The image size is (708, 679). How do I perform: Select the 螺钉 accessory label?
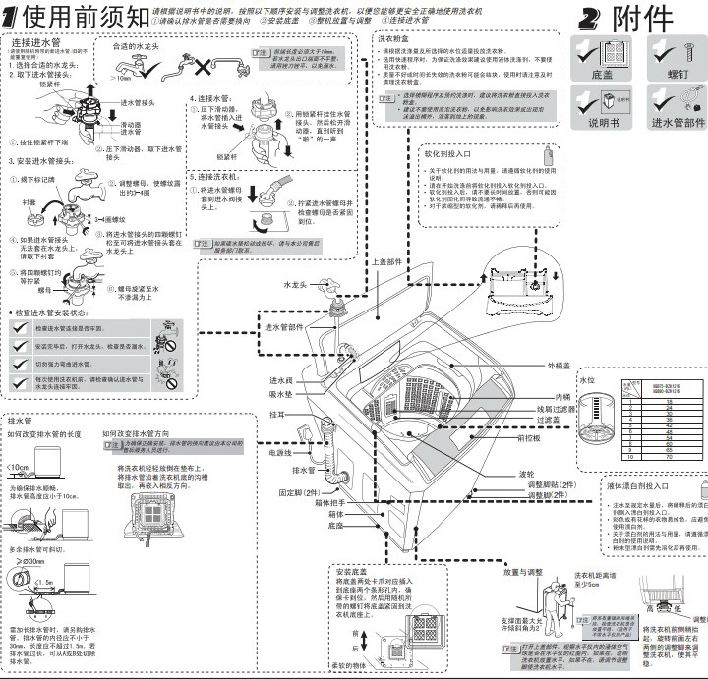(678, 75)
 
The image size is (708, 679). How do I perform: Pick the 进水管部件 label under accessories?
(678, 123)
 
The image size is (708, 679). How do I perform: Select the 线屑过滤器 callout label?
(557, 409)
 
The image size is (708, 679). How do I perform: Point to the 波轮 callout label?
(527, 473)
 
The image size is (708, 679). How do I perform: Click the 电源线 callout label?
(279, 453)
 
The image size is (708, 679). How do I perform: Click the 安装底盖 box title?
(351, 571)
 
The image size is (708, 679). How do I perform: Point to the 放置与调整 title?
(523, 572)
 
